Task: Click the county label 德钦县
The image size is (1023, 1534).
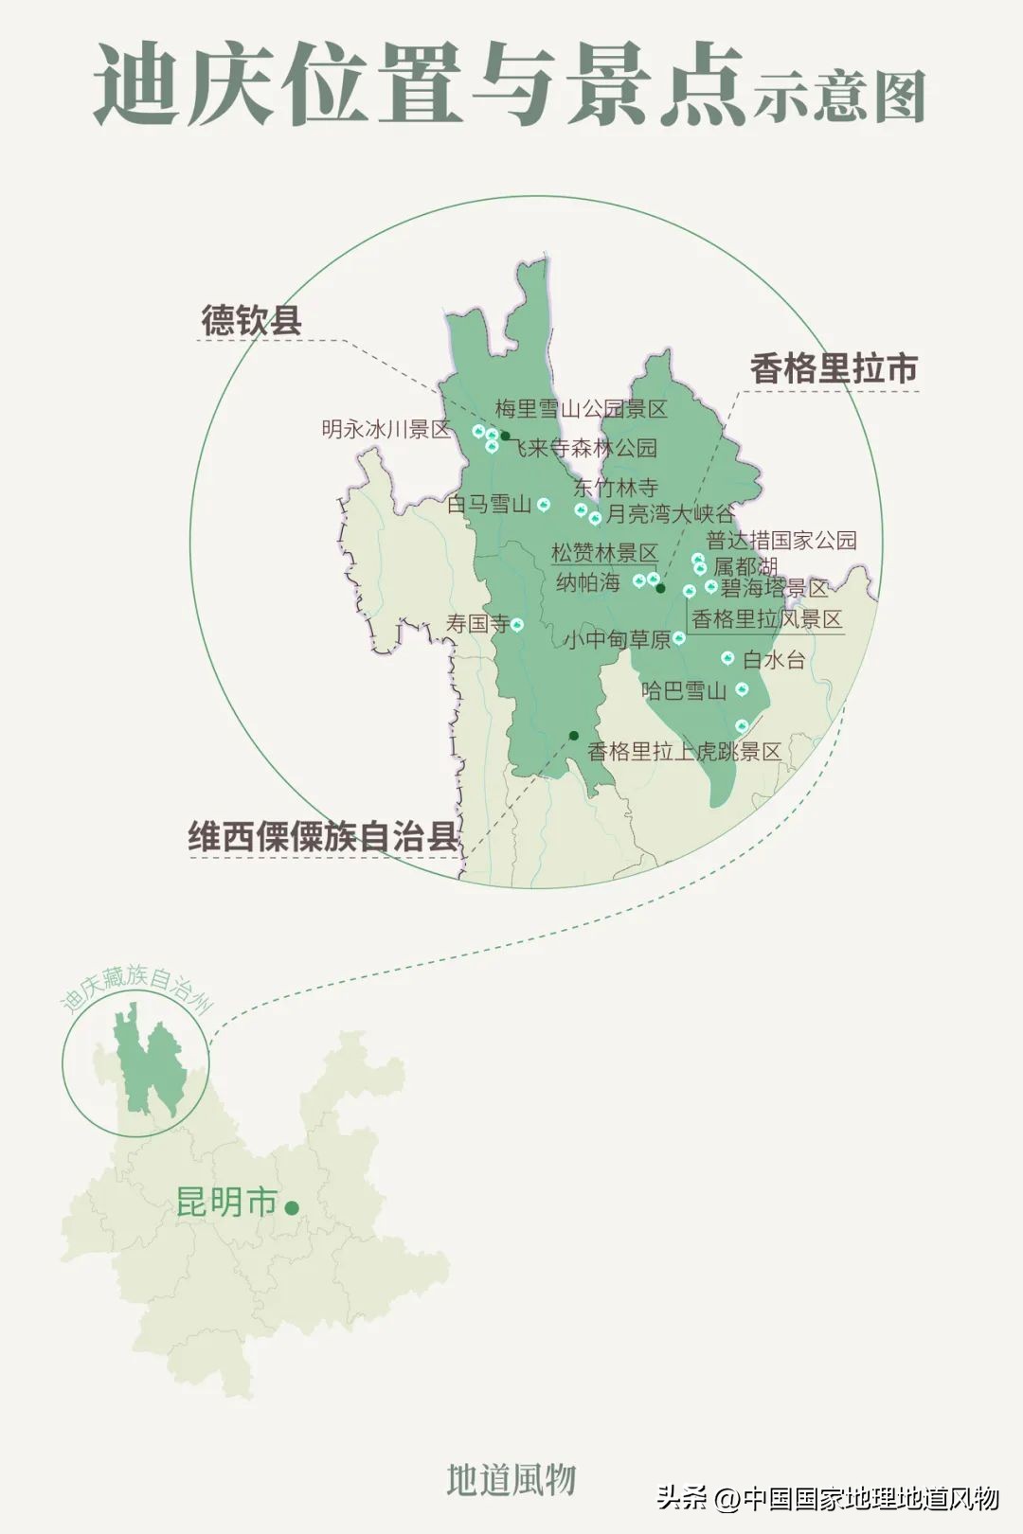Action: [251, 320]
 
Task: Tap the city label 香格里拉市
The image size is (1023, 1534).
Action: [834, 368]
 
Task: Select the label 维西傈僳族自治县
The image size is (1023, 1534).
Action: [323, 837]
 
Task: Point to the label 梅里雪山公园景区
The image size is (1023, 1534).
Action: [581, 409]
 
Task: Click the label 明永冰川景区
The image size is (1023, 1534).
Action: [386, 429]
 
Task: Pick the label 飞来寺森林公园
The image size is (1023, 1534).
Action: [585, 448]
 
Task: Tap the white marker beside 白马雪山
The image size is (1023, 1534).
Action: [544, 505]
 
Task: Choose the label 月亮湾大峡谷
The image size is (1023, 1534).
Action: [671, 514]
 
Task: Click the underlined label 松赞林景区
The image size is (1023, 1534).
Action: [604, 553]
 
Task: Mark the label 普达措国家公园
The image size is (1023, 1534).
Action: [781, 541]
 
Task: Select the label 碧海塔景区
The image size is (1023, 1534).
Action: [774, 589]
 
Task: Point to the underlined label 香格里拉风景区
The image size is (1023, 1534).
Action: [766, 620]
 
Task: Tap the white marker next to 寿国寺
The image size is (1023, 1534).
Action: [517, 624]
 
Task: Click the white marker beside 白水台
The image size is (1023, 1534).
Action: [728, 658]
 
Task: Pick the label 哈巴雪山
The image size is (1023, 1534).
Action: [684, 690]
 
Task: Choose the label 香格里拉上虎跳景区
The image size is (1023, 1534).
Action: [684, 752]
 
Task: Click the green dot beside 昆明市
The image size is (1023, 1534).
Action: [292, 1207]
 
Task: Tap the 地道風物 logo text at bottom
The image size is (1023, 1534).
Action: [511, 1479]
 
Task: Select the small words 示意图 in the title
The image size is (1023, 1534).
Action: [839, 98]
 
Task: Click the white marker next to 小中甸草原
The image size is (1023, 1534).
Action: [679, 639]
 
